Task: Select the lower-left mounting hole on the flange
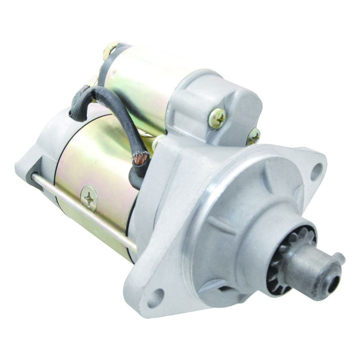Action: [156, 297]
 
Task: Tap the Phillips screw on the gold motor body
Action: [89, 198]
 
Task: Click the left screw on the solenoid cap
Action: [217, 117]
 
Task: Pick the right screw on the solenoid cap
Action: [253, 135]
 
